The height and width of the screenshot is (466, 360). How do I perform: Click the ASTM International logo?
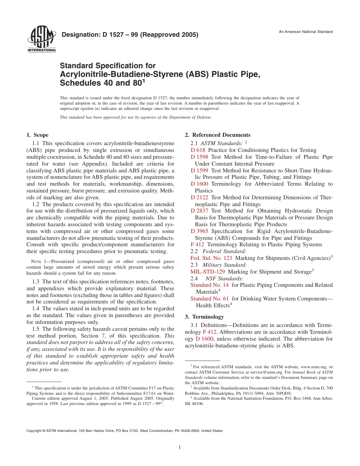tap(41, 39)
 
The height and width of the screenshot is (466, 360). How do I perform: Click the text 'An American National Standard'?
tap(306, 32)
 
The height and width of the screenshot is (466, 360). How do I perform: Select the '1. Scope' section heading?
tap(38, 135)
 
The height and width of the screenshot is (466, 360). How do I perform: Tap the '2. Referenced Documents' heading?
tap(218, 135)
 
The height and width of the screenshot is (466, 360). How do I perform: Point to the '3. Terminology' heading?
tap(204, 317)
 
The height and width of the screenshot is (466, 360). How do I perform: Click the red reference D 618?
tap(198, 150)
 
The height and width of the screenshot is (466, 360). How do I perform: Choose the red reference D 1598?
tap(199, 157)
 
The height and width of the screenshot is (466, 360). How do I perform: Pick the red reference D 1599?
tap(199, 170)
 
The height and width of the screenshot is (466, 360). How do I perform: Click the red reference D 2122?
tap(199, 197)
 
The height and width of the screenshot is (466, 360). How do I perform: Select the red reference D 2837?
tap(199, 211)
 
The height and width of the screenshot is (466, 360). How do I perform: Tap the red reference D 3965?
tap(199, 231)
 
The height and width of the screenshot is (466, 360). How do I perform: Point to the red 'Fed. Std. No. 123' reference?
tap(211, 258)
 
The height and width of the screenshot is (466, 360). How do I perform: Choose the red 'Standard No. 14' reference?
tap(210, 285)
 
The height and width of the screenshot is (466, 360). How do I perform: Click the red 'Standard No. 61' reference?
tap(210, 299)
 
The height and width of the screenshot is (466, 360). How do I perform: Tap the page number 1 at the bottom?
tap(180, 447)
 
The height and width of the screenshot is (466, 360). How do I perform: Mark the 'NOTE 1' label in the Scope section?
tap(36, 261)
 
